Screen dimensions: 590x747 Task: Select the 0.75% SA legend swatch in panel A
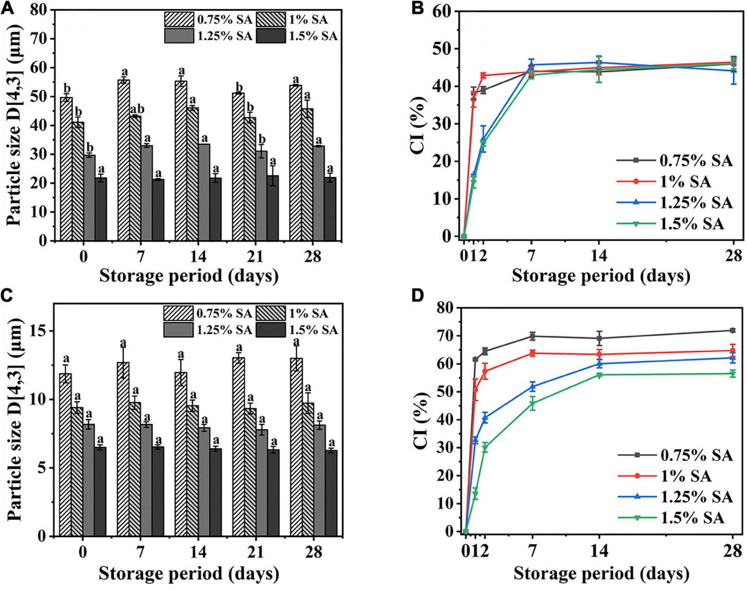[x=178, y=20]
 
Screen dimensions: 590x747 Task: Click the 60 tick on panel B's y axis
[x=443, y=11]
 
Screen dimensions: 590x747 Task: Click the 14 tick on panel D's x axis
[x=599, y=550]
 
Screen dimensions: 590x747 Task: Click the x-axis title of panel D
[x=601, y=573]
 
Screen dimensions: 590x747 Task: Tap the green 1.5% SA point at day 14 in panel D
[x=599, y=375]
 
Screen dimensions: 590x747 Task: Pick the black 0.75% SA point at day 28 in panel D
[x=733, y=330]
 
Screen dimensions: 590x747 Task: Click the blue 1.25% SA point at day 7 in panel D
[x=532, y=386]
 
